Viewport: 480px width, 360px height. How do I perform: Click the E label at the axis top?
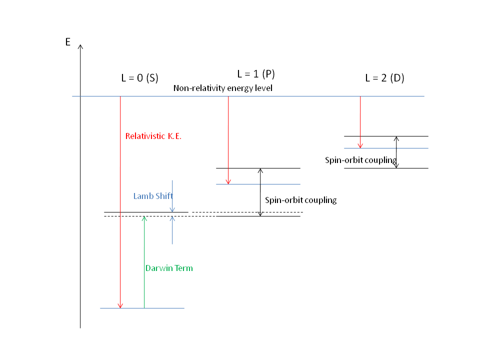[68, 42]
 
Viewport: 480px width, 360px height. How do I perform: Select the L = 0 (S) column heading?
[139, 78]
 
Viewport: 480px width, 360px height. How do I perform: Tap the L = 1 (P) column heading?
[256, 74]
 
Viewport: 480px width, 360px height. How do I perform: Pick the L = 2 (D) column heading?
[384, 78]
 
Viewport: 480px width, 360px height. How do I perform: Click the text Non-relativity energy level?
[222, 88]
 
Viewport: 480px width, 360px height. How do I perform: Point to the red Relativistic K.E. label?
[153, 135]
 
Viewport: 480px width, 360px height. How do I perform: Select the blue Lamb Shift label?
[153, 196]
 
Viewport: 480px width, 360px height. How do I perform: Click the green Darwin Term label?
[169, 268]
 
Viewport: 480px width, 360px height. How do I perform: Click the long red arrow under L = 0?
[120, 200]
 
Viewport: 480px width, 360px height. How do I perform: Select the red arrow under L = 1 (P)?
[228, 140]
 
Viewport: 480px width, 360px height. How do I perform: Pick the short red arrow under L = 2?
[360, 122]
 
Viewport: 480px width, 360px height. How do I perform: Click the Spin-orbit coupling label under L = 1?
[300, 200]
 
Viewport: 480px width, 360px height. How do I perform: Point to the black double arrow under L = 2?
[396, 152]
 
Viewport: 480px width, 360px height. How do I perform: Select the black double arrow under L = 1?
[260, 192]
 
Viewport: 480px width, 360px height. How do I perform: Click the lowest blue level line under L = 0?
[165, 308]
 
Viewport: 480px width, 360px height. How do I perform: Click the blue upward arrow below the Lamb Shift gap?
[172, 230]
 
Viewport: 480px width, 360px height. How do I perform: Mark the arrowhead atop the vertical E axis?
[80, 47]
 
